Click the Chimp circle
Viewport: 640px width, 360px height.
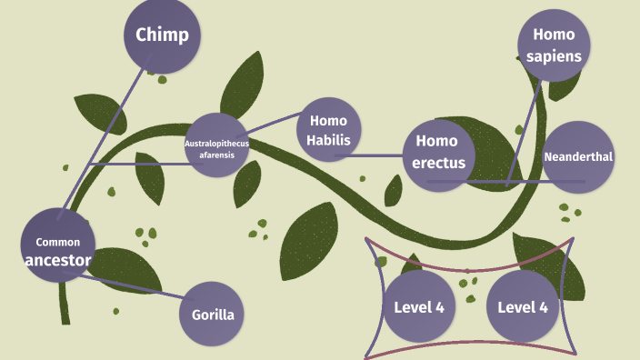coord(163,35)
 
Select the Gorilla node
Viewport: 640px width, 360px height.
coord(214,315)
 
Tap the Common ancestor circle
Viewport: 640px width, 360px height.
coord(57,245)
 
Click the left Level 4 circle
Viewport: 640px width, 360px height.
coord(418,306)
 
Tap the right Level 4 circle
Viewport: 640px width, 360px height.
coord(522,306)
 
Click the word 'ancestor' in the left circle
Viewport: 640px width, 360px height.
coord(58,261)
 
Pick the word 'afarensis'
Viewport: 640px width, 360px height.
coord(217,155)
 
